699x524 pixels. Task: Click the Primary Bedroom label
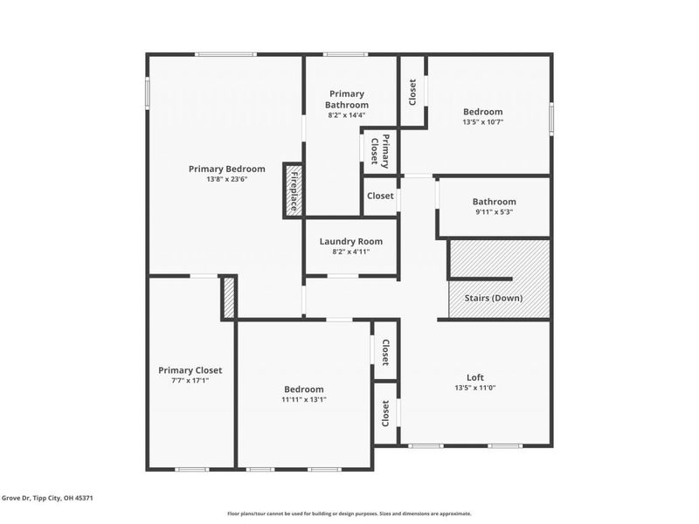[x=226, y=169]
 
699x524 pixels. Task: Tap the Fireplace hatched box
[x=294, y=190]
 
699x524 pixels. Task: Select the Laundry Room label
[x=350, y=242]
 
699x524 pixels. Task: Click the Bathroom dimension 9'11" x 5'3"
[x=494, y=212]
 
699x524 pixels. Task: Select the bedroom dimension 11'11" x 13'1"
[x=303, y=400]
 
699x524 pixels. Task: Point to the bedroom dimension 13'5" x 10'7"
[x=482, y=122]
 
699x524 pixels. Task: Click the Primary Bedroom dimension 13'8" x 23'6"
[x=226, y=180]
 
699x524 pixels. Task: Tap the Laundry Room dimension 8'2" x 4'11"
[x=350, y=252]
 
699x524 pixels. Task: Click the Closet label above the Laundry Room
[x=380, y=196]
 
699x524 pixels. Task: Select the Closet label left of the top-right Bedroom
[x=412, y=91]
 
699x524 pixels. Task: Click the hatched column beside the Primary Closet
[x=229, y=298]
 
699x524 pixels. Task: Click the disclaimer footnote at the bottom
[x=349, y=514]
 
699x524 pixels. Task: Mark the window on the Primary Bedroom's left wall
[x=147, y=93]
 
